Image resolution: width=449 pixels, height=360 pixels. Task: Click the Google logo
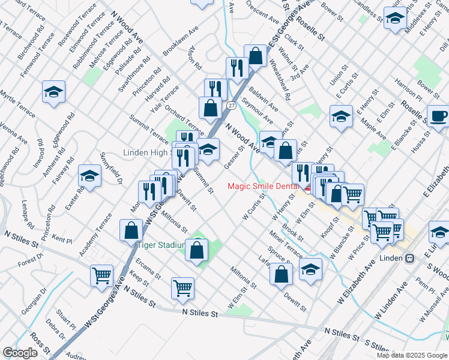pyautogui.click(x=20, y=353)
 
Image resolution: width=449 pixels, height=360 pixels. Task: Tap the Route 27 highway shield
pyautogui.click(x=231, y=105)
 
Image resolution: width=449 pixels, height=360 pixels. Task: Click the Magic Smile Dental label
pyautogui.click(x=262, y=186)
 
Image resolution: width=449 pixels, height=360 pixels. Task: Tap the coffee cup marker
pyautogui.click(x=438, y=116)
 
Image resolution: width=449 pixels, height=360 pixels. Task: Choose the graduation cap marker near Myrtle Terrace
pyautogui.click(x=53, y=92)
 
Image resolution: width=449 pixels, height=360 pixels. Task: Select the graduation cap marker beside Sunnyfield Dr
pyautogui.click(x=89, y=176)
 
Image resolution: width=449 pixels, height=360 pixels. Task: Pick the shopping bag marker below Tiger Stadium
pyautogui.click(x=197, y=250)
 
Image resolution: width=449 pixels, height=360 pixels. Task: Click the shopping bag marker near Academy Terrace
pyautogui.click(x=131, y=230)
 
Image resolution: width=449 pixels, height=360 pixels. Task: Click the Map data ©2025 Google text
pyautogui.click(x=411, y=355)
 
